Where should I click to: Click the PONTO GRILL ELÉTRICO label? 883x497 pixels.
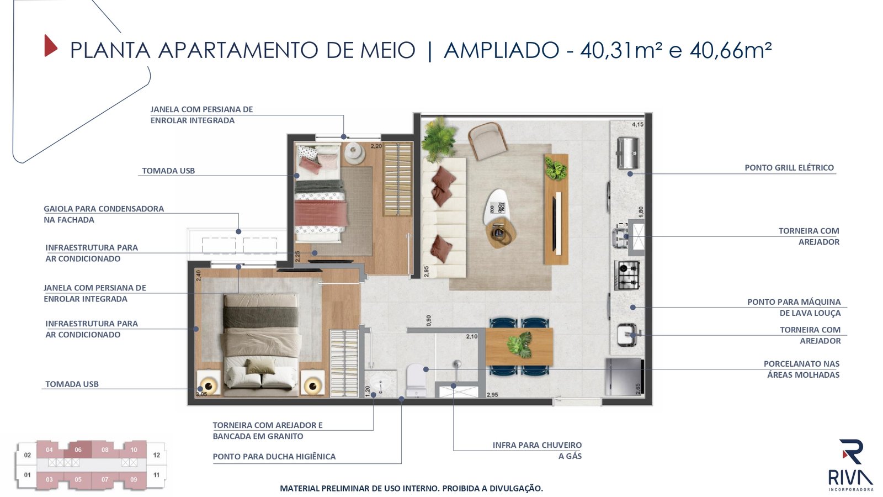click(x=789, y=168)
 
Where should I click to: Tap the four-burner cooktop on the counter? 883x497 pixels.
click(x=627, y=276)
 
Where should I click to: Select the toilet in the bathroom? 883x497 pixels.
click(x=416, y=379)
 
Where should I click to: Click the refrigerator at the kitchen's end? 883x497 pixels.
click(x=625, y=377)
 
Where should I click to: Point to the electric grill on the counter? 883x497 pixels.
click(x=628, y=153)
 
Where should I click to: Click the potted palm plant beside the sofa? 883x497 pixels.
click(x=438, y=139)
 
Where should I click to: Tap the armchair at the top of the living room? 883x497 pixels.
click(x=488, y=141)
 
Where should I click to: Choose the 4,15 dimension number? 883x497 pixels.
click(x=637, y=124)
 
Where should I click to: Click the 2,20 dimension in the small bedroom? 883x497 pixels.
click(x=376, y=146)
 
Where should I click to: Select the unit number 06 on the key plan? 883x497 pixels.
click(x=78, y=450)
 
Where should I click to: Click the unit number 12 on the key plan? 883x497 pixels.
click(x=157, y=455)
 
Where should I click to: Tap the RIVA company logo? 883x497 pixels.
click(x=850, y=464)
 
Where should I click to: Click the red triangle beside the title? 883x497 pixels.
click(x=50, y=46)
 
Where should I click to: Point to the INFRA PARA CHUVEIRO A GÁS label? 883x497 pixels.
click(x=537, y=451)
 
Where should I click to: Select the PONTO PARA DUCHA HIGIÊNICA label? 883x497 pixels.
click(x=274, y=457)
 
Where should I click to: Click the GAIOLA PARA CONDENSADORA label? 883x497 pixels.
click(x=104, y=214)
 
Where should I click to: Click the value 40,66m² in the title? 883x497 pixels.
click(x=731, y=50)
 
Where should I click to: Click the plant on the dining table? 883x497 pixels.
click(x=519, y=344)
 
